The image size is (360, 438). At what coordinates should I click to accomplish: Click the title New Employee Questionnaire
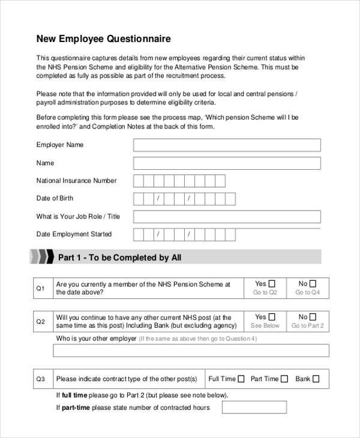pos(104,39)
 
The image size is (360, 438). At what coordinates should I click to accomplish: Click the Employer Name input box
pos(227,145)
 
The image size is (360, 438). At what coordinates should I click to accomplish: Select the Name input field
pos(227,163)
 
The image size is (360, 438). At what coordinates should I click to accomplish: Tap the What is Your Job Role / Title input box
pos(227,217)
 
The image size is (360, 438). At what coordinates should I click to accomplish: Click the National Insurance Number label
pos(76,181)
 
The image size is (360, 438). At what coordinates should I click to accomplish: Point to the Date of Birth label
pos(55,199)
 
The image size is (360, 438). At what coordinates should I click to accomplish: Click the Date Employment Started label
pos(74,234)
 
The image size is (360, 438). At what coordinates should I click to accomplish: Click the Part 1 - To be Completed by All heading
pos(119,258)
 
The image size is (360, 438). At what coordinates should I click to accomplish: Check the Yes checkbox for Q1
pos(272,284)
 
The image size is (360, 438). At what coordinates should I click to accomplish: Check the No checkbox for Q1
pos(313,284)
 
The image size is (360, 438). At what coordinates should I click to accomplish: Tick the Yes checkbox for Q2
pos(272,317)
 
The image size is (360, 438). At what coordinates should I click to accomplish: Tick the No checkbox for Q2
pos(313,317)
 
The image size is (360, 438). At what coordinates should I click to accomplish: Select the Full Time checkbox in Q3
pos(241,379)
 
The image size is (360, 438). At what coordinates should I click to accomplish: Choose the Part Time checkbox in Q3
pos(284,379)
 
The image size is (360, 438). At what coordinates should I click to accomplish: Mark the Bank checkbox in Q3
pos(316,379)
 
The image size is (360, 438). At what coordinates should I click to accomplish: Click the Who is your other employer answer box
pos(191,350)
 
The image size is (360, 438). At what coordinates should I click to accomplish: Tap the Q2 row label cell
pos(41,322)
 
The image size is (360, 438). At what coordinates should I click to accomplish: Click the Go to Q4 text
pos(308,293)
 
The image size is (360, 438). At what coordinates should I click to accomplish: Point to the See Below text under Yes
pos(265,326)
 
